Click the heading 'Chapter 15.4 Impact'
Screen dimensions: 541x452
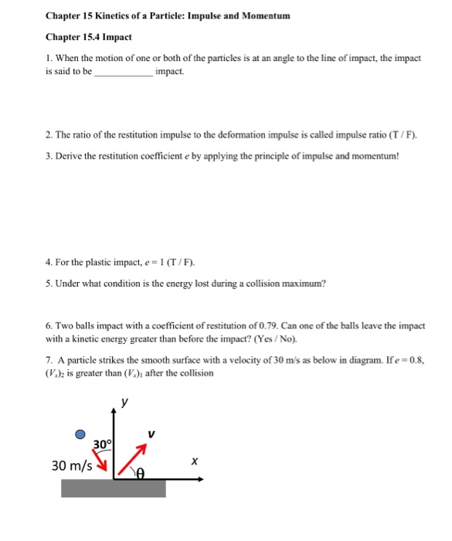89,36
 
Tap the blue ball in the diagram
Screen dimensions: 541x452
80,435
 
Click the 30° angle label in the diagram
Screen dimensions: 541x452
102,444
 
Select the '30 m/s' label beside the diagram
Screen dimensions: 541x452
71,465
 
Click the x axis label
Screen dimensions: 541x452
195,461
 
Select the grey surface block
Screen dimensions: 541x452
114,488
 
